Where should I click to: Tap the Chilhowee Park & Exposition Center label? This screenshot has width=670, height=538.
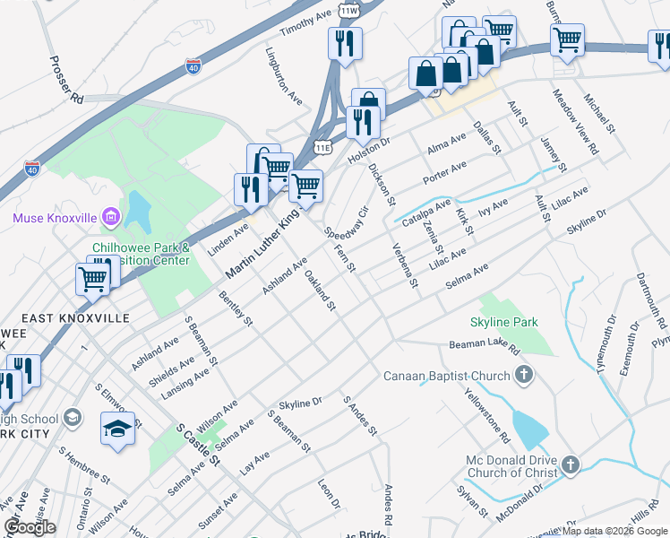[x=141, y=254]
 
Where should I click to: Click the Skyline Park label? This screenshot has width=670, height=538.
[x=503, y=321]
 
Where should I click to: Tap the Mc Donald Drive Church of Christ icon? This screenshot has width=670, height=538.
[x=570, y=464]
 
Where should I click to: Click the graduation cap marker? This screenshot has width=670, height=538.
[x=118, y=430]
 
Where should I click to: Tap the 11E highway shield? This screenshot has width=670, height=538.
[x=323, y=146]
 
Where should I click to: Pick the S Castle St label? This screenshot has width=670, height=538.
[x=198, y=445]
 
